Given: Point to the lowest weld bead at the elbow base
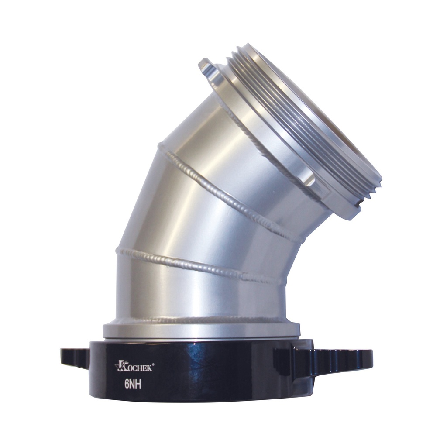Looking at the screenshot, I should click(x=201, y=320).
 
